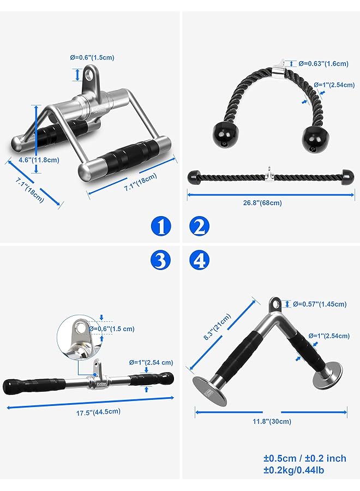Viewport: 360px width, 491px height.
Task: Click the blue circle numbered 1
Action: click(160, 226)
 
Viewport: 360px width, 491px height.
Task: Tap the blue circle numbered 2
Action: click(200, 226)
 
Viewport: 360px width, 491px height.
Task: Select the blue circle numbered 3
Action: click(160, 261)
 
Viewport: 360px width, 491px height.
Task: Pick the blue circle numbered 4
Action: click(200, 261)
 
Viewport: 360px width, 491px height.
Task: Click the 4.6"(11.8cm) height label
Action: click(31, 160)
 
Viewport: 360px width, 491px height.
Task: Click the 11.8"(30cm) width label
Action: click(272, 421)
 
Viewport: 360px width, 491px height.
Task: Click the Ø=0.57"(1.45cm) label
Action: click(320, 303)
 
